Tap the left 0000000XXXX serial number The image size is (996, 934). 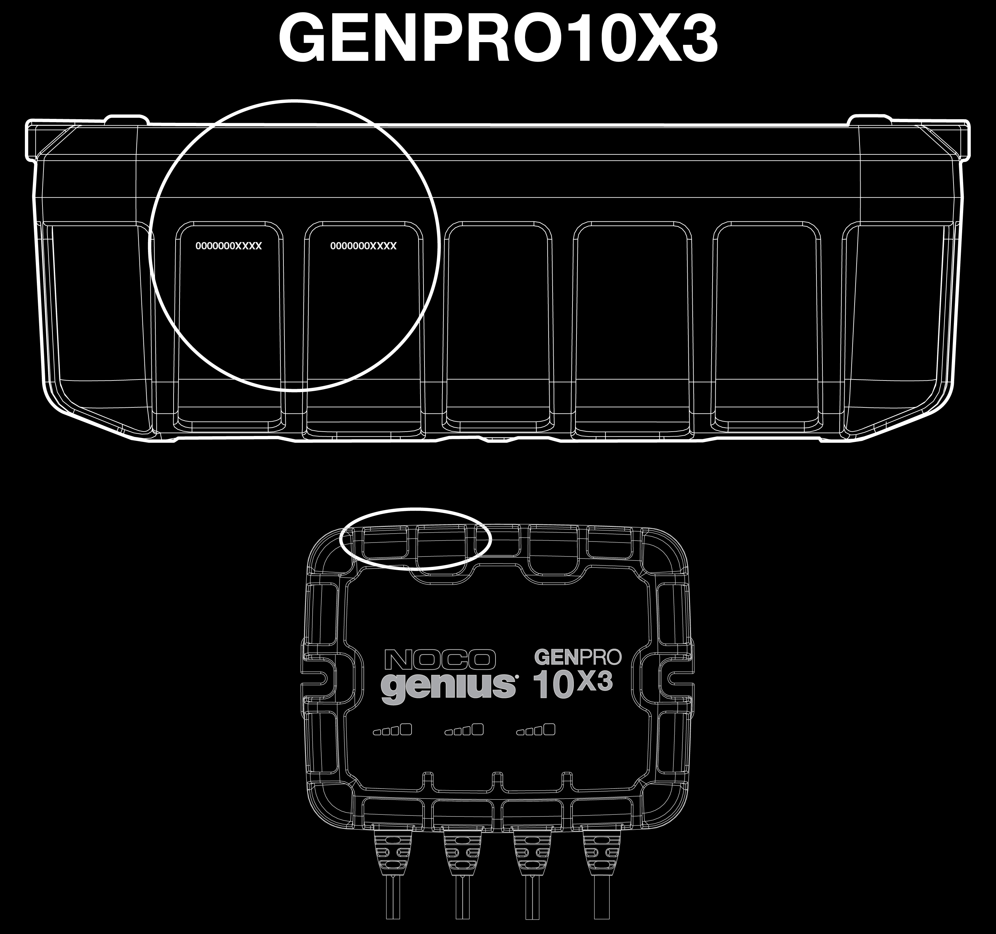tap(228, 246)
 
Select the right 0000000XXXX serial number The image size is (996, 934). tap(363, 246)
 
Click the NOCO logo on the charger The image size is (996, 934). tap(440, 660)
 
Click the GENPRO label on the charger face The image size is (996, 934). tap(578, 657)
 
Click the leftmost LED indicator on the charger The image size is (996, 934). tap(392, 730)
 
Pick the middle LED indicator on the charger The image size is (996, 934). tap(464, 730)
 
